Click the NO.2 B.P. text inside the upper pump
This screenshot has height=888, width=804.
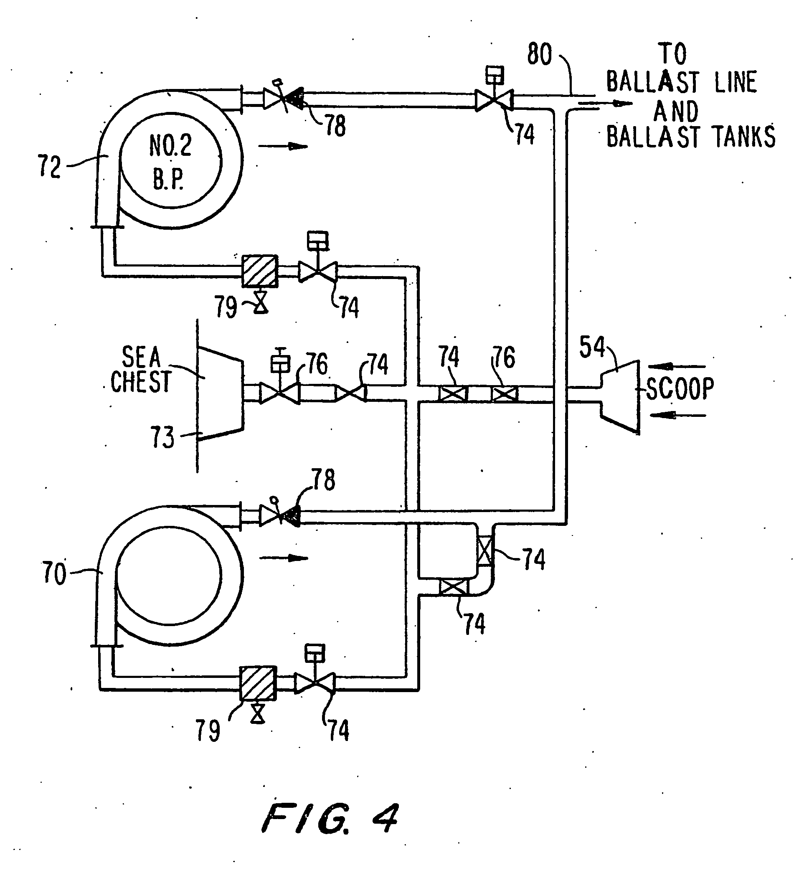170,162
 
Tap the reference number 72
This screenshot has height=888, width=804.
49,167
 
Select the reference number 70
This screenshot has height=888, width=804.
54,573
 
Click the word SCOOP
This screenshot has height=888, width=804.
680,388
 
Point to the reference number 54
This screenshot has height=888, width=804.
592,347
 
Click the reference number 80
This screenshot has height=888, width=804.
540,55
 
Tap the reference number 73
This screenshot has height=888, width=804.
162,437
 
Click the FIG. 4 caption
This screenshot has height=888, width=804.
330,817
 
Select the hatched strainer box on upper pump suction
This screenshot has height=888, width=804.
260,271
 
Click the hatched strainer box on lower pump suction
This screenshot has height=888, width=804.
258,683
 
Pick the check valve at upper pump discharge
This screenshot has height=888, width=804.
283,98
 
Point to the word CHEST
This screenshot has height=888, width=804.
140,381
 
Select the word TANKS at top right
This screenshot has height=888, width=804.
745,137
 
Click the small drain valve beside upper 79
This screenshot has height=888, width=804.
261,303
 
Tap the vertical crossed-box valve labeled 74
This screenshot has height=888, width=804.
485,551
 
